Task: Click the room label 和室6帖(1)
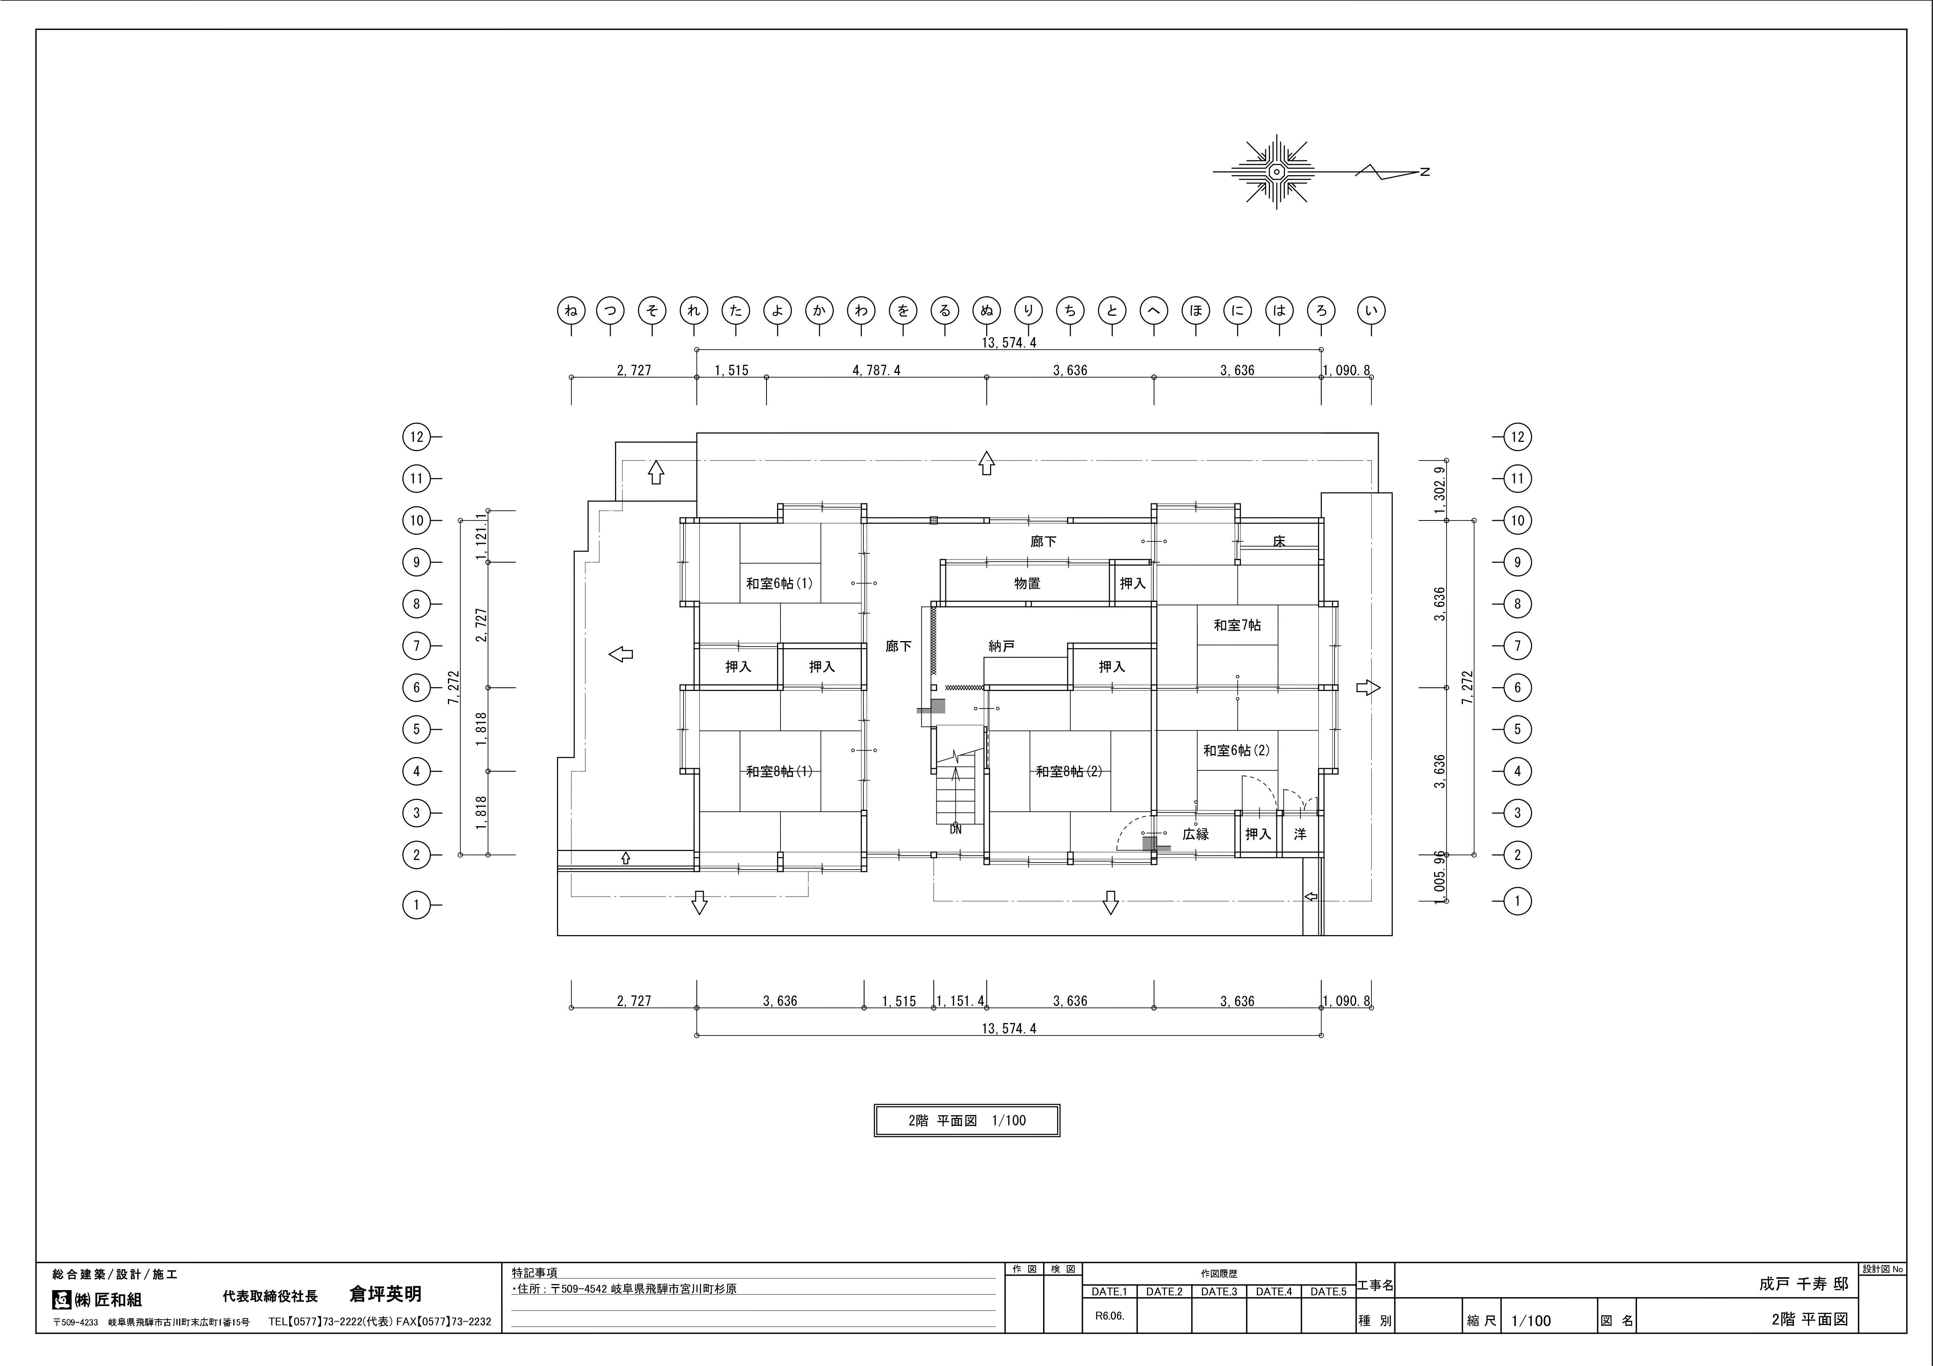[779, 583]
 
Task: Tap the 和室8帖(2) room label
[1068, 771]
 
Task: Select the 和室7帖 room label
[1237, 625]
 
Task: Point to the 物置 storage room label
[1027, 583]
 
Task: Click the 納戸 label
[1001, 646]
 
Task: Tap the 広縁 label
[1195, 834]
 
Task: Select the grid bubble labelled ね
[571, 311]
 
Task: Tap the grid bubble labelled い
[1371, 311]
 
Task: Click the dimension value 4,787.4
[876, 370]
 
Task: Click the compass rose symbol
[1276, 172]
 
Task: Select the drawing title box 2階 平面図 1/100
[967, 1120]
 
